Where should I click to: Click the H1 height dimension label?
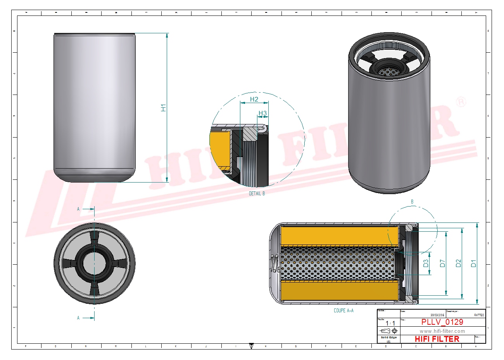click(x=164, y=108)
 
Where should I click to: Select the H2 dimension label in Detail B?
click(x=254, y=99)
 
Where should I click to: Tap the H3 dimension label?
click(x=263, y=114)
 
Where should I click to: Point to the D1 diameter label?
click(x=473, y=263)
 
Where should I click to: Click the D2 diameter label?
click(x=458, y=263)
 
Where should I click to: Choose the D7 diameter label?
click(x=442, y=263)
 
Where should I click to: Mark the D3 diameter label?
click(x=426, y=264)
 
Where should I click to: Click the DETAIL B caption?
click(x=257, y=193)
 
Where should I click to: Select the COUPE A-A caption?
click(x=343, y=310)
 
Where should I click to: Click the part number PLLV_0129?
click(x=442, y=322)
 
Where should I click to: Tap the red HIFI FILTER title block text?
click(x=437, y=339)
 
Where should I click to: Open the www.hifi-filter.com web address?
click(x=442, y=331)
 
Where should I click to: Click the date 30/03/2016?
click(x=437, y=315)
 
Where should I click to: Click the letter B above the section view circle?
click(x=412, y=202)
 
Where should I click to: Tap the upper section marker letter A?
click(x=78, y=209)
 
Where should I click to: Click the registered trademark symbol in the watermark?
click(x=461, y=102)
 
